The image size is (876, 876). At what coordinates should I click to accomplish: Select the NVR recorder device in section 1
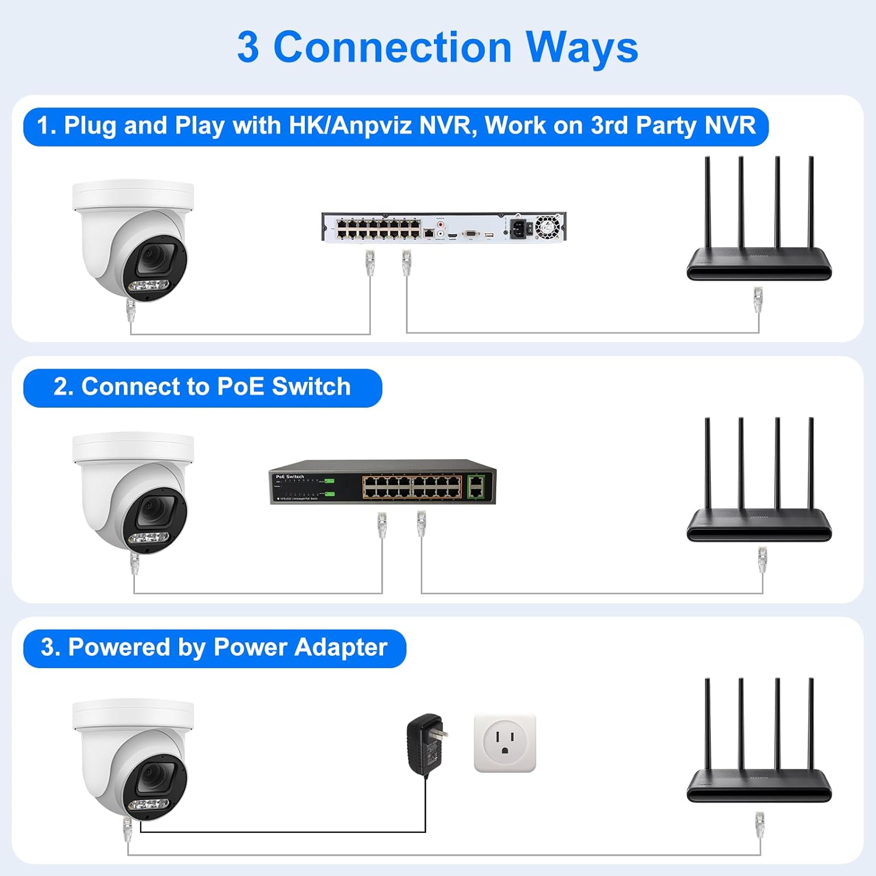(x=444, y=227)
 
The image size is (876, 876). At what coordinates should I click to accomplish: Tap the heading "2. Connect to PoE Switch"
(x=202, y=387)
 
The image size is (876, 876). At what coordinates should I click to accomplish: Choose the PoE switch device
(x=383, y=482)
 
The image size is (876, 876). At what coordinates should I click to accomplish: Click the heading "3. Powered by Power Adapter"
(x=214, y=648)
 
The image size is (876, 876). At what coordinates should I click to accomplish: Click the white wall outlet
(x=505, y=743)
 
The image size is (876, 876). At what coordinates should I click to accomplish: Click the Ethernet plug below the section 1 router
(x=758, y=300)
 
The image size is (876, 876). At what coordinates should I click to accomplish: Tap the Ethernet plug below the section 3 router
(x=759, y=824)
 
